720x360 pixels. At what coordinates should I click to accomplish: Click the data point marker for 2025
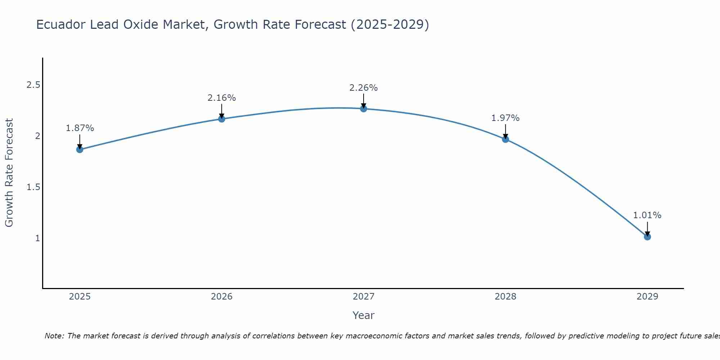pyautogui.click(x=80, y=149)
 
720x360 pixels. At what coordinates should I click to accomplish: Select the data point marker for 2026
pyautogui.click(x=221, y=119)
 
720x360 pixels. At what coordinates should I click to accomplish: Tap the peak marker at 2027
pyautogui.click(x=364, y=109)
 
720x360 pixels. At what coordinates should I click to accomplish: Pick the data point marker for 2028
pyautogui.click(x=505, y=139)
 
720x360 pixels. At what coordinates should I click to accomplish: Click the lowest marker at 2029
pyautogui.click(x=647, y=237)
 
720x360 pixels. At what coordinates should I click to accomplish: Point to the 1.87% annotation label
pyautogui.click(x=80, y=128)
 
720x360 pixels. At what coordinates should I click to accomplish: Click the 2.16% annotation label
pyautogui.click(x=221, y=98)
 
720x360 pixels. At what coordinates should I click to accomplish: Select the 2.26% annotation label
pyautogui.click(x=364, y=88)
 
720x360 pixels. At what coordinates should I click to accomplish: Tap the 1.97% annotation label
pyautogui.click(x=505, y=118)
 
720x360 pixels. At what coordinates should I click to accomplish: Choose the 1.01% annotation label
pyautogui.click(x=647, y=215)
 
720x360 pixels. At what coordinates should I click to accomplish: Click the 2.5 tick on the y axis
pyautogui.click(x=33, y=85)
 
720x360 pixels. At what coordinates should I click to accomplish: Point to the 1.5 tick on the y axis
pyautogui.click(x=33, y=187)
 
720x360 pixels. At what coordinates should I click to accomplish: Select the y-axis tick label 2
pyautogui.click(x=37, y=136)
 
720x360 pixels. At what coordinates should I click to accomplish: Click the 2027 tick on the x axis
pyautogui.click(x=364, y=297)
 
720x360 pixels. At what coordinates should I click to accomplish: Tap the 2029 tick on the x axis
pyautogui.click(x=647, y=297)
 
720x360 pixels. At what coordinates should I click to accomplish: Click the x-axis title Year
pyautogui.click(x=364, y=315)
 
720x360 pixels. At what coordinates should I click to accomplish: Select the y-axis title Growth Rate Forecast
pyautogui.click(x=9, y=173)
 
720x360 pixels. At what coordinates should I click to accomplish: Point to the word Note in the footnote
pyautogui.click(x=54, y=336)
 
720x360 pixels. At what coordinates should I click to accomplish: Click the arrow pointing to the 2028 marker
pyautogui.click(x=505, y=131)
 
